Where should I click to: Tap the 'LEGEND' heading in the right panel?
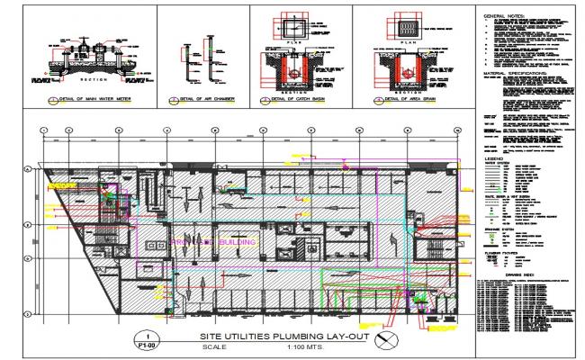(494, 157)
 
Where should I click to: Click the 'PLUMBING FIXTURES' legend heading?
(501, 254)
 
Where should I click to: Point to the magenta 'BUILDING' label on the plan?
(238, 242)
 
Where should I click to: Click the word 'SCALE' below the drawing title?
(216, 347)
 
